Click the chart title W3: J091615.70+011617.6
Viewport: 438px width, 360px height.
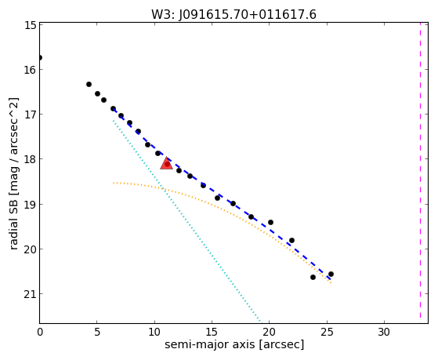coord(233,14)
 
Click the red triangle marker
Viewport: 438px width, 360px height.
coord(166,164)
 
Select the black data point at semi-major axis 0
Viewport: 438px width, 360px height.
coord(40,57)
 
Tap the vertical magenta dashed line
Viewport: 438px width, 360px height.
coord(420,170)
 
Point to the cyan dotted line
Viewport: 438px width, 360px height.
coord(186,221)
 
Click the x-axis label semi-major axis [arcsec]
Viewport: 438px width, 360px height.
coord(234,344)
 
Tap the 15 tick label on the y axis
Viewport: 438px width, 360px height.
coord(30,25)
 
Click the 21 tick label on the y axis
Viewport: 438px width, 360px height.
coord(30,294)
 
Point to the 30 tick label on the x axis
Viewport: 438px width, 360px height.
coord(384,332)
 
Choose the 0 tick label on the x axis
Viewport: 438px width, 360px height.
coord(40,332)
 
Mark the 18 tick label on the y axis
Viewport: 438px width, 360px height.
coord(30,159)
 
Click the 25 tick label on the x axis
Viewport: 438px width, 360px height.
coord(327,332)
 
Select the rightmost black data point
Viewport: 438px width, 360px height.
coord(331,275)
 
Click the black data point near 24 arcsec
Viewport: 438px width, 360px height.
coord(313,277)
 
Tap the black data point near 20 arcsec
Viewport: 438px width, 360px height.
coord(270,223)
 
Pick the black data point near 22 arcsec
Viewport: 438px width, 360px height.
coord(292,240)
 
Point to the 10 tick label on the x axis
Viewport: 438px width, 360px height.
coord(154,332)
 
